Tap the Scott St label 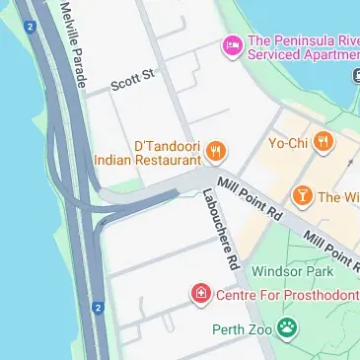[132, 77]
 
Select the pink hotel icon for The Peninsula [233, 45]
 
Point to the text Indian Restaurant [148, 158]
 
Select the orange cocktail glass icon [302, 196]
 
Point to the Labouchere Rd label [221, 230]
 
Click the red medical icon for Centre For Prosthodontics [200, 294]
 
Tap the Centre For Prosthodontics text [287, 294]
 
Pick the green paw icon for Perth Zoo [286, 327]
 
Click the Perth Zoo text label [241, 330]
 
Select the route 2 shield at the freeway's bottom [98, 309]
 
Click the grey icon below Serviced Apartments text [354, 76]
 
